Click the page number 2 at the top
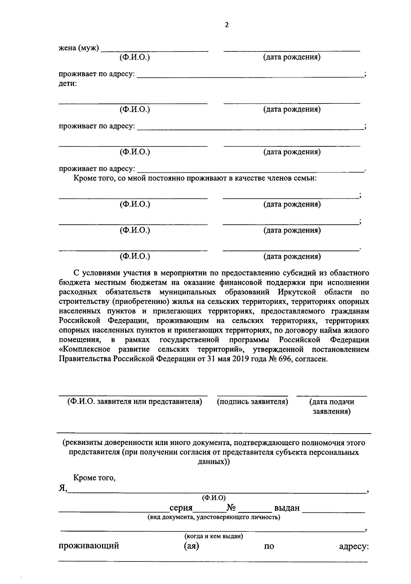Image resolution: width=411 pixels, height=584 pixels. coord(226,25)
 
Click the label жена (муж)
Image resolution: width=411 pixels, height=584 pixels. coord(79,48)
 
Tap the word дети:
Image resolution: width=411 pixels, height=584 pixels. coord(67,84)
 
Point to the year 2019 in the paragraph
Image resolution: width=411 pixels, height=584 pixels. coord(242,359)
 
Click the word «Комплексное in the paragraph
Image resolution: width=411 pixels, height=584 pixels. coord(85,350)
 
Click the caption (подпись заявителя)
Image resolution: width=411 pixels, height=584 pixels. coord(252,402)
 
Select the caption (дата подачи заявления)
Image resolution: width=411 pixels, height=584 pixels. coord(332,406)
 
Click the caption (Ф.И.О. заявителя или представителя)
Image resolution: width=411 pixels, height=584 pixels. coord(135,402)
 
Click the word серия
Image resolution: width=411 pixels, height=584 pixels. coord(181,508)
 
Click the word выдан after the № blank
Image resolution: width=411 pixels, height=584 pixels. coord(287,508)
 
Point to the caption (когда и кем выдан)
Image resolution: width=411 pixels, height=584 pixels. coord(214,536)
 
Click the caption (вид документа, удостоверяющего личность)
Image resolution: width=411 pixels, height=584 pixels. coord(214,517)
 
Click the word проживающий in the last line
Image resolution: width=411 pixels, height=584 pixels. coord(89,546)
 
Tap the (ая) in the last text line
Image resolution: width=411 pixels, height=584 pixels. coord(191,546)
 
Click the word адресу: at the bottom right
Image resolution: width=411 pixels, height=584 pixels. coord(353,546)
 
